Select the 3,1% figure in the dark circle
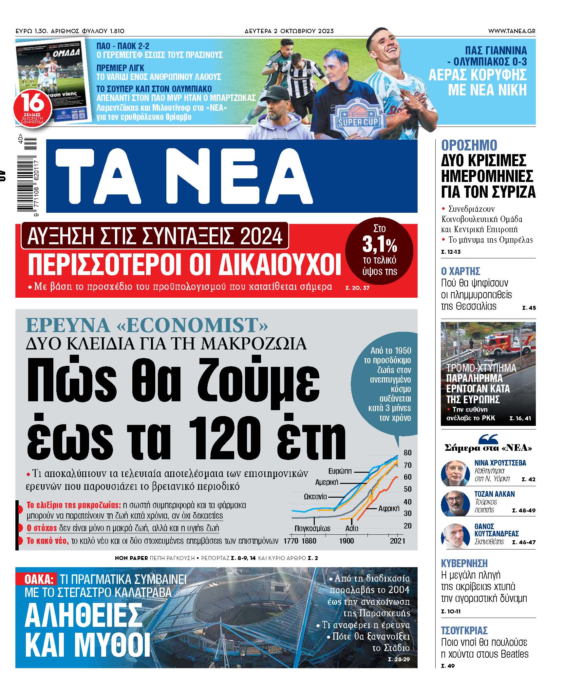(380, 244)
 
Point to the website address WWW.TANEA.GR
(512, 31)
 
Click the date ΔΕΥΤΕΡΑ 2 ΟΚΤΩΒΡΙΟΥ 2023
(289, 31)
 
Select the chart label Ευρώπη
(340, 471)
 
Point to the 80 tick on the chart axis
(407, 453)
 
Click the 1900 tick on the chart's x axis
(346, 541)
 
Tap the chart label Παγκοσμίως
(312, 528)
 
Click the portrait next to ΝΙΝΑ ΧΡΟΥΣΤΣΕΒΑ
(455, 473)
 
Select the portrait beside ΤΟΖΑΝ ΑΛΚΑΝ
(455, 504)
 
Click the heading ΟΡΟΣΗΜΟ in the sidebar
(469, 145)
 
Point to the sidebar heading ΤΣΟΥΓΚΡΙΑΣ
(464, 630)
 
